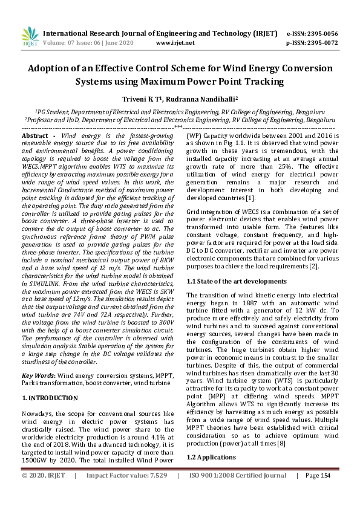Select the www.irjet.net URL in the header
coord(175,43)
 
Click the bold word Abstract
coord(35,136)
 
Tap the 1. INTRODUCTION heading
coord(50,398)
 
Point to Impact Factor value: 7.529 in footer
coord(126,493)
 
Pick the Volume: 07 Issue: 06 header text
coord(89,43)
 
